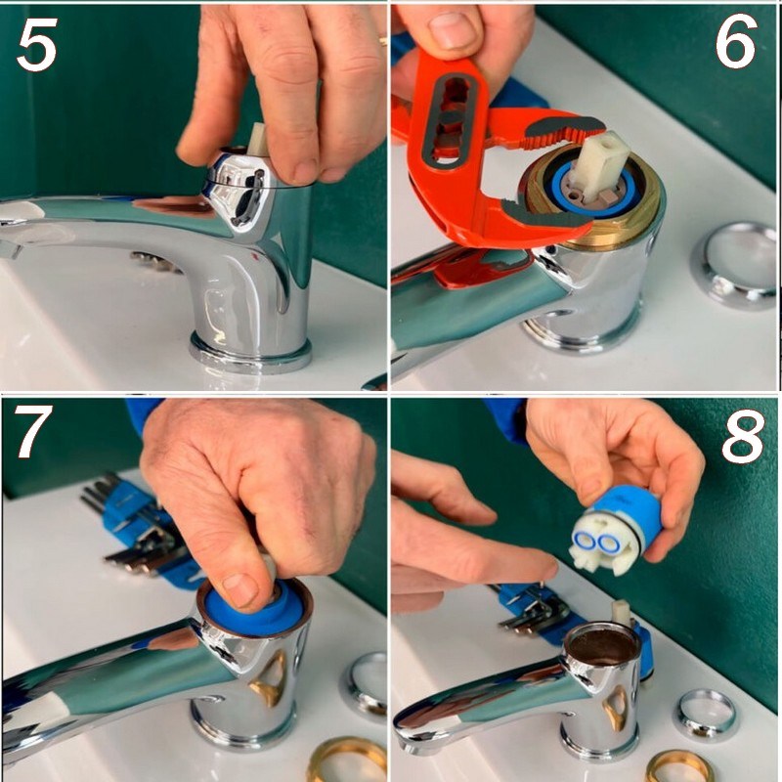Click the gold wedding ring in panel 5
point(382,41)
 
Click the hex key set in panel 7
point(137,533)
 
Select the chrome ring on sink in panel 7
point(365,685)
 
